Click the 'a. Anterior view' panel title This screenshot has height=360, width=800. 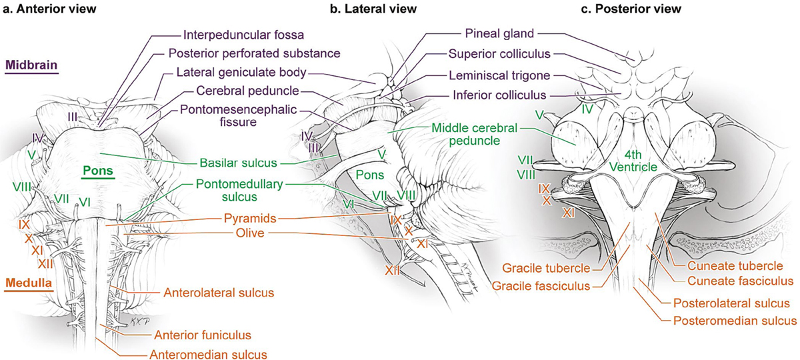click(50, 9)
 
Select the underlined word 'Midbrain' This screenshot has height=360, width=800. click(31, 65)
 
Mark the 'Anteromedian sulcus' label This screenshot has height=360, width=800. click(208, 354)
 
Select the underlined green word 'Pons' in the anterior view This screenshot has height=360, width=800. click(97, 170)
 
